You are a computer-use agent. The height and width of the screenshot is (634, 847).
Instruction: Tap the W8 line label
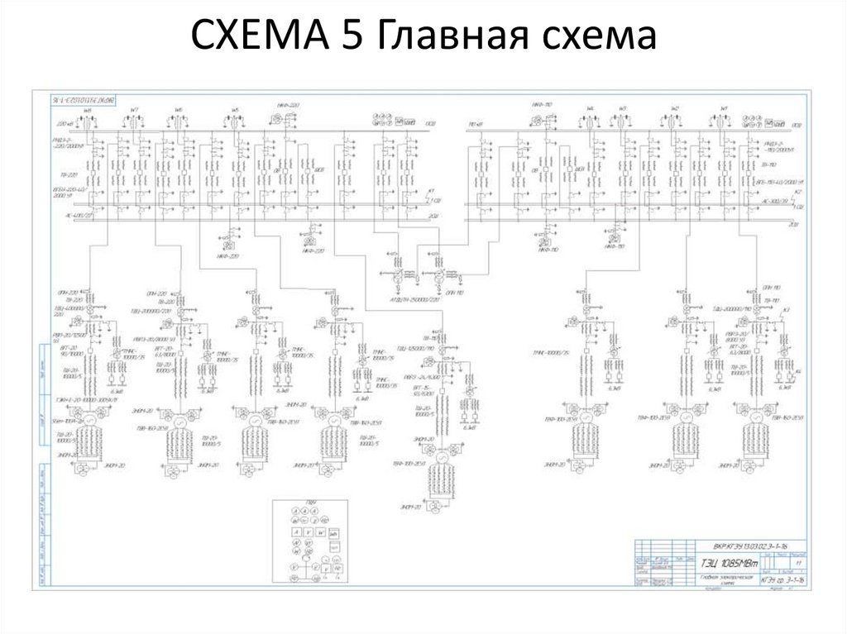87,109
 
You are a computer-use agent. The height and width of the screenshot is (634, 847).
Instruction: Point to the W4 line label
590,109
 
